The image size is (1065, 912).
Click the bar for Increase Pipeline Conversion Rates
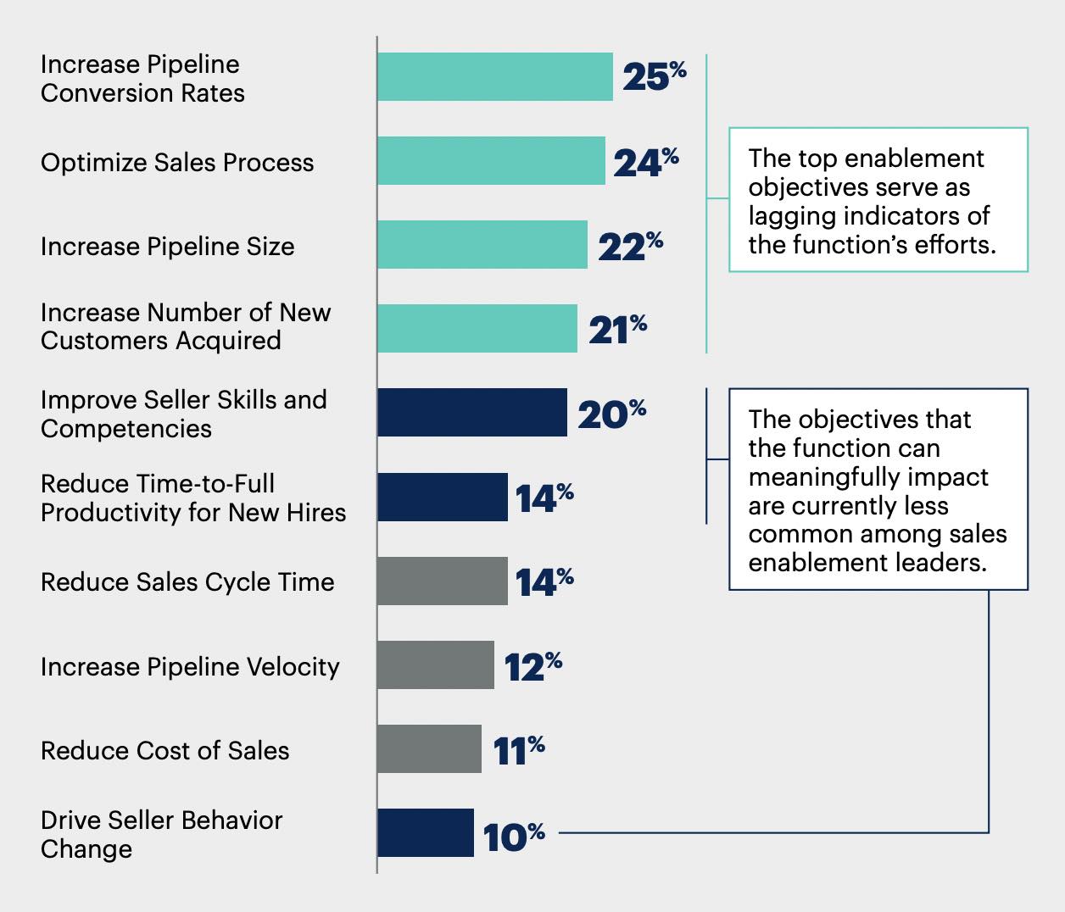pos(494,77)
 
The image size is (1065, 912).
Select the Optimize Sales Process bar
pos(491,161)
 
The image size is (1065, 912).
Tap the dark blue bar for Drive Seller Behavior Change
pos(425,833)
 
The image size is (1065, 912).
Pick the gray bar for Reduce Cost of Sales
pos(429,749)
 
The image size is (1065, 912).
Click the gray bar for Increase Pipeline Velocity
pos(435,665)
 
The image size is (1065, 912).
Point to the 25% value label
pos(654,76)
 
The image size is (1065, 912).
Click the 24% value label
pos(645,162)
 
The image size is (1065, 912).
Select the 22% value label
pos(630,246)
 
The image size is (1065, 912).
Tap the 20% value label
pos(611,414)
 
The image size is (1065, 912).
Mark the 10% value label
pos(513,837)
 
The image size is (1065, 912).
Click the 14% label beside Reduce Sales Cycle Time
pos(544,581)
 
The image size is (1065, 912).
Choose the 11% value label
pos(518,750)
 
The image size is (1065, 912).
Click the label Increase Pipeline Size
pos(168,247)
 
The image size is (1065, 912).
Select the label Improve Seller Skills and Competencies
pos(183,414)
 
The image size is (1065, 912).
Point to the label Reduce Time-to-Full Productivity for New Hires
pos(193,498)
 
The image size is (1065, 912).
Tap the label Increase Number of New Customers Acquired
pos(186,326)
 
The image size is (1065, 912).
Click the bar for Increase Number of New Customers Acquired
pos(477,329)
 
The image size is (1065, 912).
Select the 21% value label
pos(617,330)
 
